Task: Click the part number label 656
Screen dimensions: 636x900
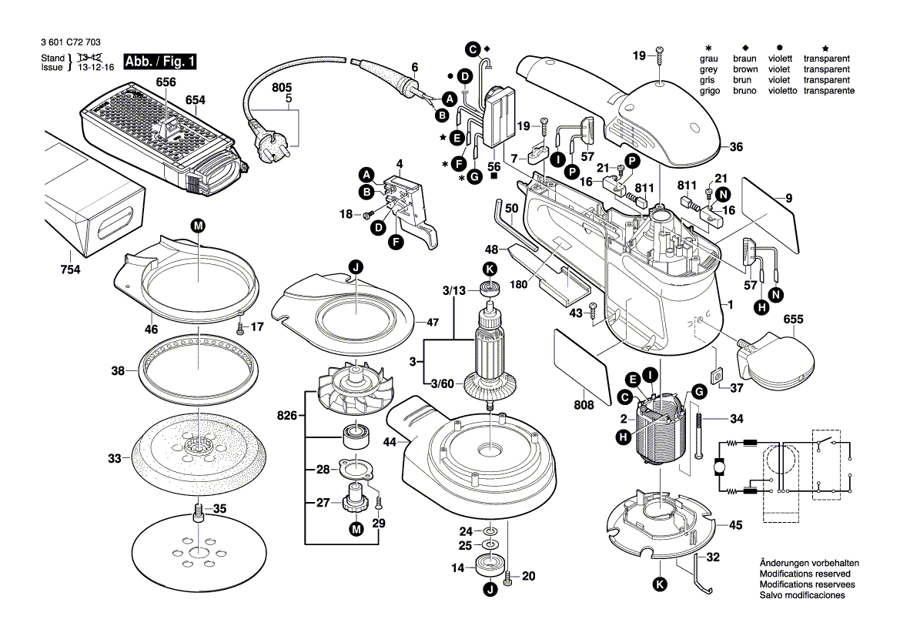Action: click(x=166, y=82)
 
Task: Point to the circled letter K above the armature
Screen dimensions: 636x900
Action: click(x=490, y=269)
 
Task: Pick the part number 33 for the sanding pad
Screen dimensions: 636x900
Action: click(x=115, y=459)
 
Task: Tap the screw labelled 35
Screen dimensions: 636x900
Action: click(x=197, y=510)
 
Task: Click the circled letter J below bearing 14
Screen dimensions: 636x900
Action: click(x=490, y=590)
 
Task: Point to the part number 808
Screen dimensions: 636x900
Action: click(x=584, y=405)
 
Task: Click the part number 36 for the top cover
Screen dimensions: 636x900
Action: click(x=736, y=147)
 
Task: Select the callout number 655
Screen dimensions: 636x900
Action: click(x=794, y=319)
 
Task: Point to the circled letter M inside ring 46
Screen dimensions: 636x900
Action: click(x=199, y=226)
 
